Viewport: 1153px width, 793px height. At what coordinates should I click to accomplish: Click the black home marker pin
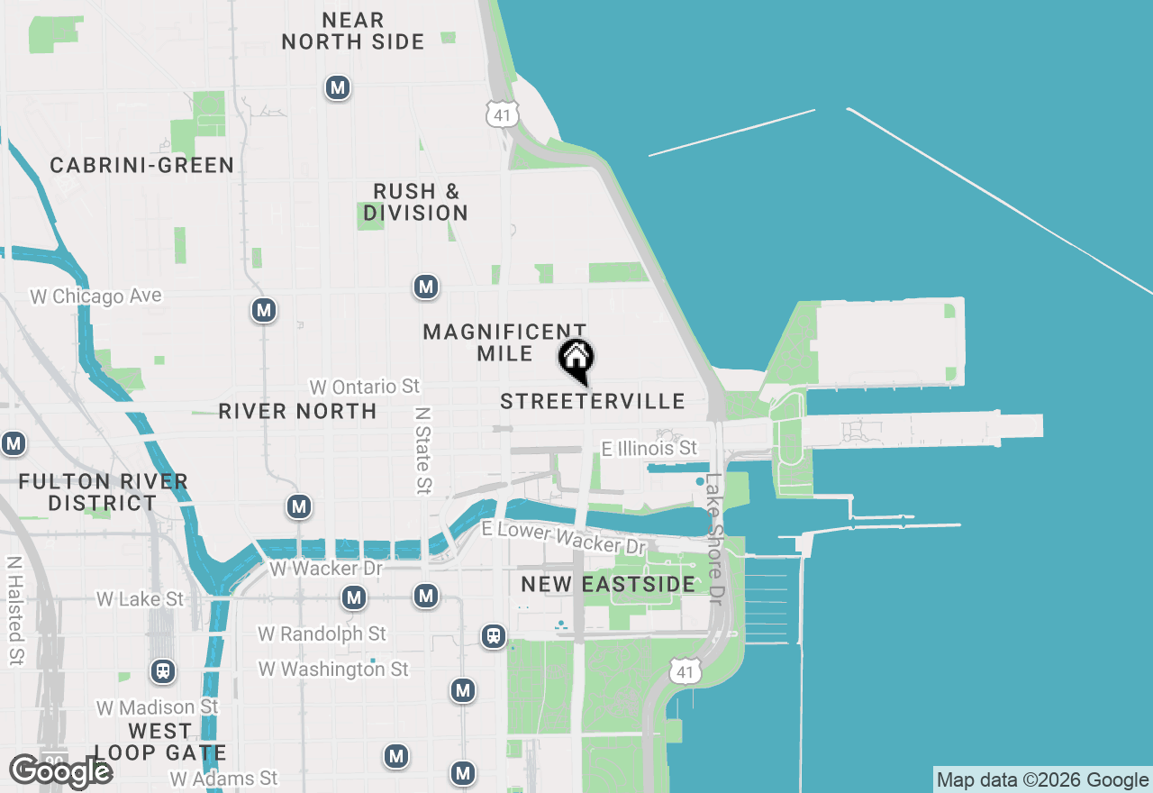[576, 360]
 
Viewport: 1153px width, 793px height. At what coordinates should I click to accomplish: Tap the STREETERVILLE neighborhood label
[593, 401]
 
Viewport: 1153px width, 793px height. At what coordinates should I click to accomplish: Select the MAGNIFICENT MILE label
[504, 342]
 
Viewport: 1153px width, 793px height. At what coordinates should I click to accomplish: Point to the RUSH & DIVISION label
[416, 202]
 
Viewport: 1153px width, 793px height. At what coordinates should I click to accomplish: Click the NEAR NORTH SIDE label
[353, 31]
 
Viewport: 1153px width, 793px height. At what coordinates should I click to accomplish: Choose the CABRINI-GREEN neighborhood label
[141, 165]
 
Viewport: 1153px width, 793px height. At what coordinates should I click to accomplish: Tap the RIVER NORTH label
[297, 411]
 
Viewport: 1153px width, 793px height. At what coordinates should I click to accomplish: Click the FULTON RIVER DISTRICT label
[103, 492]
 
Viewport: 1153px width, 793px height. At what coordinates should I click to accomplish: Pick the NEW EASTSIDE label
[608, 584]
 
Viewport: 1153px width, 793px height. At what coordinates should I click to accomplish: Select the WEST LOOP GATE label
[159, 742]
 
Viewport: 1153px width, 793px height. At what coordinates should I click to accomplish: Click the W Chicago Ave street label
[95, 296]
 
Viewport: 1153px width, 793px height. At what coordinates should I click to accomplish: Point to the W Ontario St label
[365, 387]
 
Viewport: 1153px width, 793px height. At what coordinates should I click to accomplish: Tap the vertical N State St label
[422, 450]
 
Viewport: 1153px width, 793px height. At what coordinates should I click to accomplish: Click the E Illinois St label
[649, 448]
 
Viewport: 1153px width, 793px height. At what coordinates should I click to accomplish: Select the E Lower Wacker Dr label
[564, 537]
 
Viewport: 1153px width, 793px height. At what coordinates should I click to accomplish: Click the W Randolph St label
[322, 634]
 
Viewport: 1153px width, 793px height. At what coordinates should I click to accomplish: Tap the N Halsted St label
[14, 610]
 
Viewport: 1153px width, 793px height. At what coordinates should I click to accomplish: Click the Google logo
[60, 771]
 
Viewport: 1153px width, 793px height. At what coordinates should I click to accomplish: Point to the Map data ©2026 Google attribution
[1042, 780]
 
